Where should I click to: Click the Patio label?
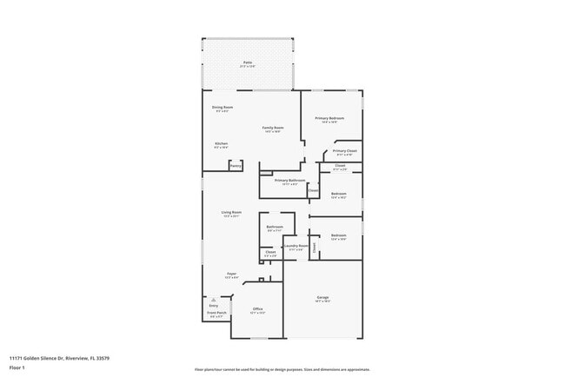coord(248,63)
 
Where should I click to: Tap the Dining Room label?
coord(223,108)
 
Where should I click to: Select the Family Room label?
coord(273,128)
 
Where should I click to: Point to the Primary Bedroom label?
coord(329,118)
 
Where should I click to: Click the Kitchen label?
coord(221,144)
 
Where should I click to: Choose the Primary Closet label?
coord(343,151)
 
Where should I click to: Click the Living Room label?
coord(230,213)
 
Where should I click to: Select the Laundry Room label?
coord(296,246)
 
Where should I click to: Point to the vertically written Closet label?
coord(315,247)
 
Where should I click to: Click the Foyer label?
coord(231,274)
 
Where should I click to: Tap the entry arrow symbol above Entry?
coord(214,299)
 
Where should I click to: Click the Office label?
coord(257,309)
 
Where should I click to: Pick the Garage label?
coord(322,297)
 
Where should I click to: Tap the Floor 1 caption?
coord(18,367)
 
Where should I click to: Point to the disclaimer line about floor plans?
coord(282,369)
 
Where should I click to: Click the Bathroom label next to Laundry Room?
coord(275,228)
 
